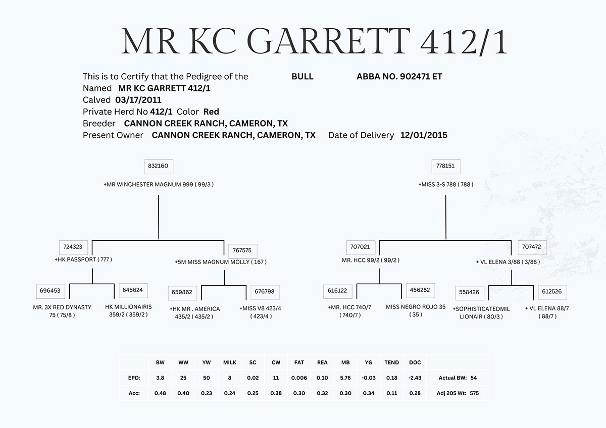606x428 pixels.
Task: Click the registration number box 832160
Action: pos(159,167)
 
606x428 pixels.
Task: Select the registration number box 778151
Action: pos(446,167)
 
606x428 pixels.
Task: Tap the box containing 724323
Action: pos(73,247)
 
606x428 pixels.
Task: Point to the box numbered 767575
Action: pos(243,251)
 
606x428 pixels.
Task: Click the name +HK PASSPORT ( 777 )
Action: pos(83,259)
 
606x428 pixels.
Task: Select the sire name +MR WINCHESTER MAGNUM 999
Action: pos(148,184)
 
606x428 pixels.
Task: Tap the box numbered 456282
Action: pos(420,290)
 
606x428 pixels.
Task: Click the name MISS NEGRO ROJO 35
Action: pos(416,307)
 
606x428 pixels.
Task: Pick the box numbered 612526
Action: pos(552,292)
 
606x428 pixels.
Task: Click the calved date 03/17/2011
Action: pos(138,100)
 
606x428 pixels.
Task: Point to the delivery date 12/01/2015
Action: pos(424,135)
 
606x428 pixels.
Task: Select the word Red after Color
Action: pos(211,112)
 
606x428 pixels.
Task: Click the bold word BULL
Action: pos(302,77)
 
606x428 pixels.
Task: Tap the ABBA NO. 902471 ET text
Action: pos(399,77)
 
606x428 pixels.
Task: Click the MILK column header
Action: pos(230,362)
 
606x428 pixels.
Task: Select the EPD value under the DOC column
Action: pos(415,378)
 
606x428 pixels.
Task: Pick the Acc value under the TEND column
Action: pos(392,393)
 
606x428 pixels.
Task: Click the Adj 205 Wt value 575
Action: pos(474,393)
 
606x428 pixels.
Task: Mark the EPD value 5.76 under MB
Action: pos(345,378)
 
